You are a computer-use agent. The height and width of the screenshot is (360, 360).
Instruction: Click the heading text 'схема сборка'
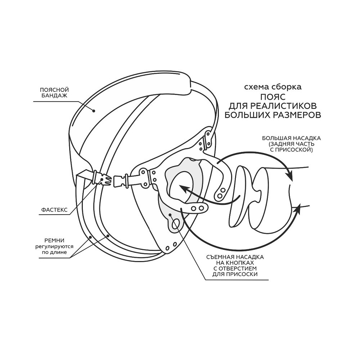point(273,87)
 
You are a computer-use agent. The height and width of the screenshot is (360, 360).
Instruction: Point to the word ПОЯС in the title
point(272,97)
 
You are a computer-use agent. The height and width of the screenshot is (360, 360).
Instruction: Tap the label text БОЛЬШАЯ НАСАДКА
point(291,138)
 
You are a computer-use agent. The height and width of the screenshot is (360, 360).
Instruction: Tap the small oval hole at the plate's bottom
point(175,225)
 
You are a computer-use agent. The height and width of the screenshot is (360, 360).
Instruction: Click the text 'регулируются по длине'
point(54,248)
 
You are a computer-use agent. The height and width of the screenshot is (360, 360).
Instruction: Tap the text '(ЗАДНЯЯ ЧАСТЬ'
point(292,144)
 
